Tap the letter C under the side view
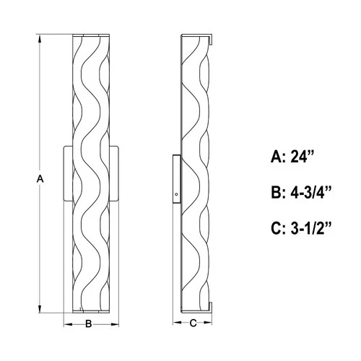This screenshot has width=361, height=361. click(x=193, y=324)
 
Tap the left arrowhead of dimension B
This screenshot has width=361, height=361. click(x=67, y=324)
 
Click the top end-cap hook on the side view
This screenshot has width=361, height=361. click(x=212, y=38)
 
